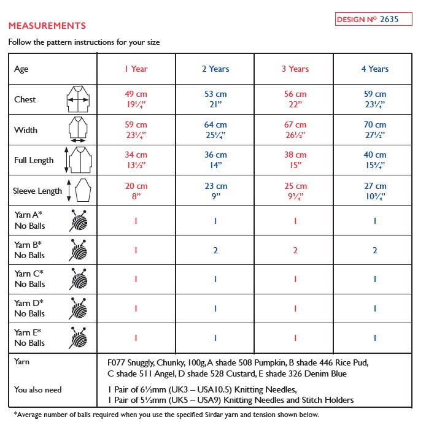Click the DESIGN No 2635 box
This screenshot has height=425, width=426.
tap(367, 19)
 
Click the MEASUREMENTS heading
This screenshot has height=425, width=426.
tap(47, 26)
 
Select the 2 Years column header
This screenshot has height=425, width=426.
tap(215, 69)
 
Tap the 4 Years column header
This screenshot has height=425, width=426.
tap(374, 69)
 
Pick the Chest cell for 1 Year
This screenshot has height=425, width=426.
tap(136, 99)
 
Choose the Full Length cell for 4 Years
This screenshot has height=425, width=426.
tap(374, 160)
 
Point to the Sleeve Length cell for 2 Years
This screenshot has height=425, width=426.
tap(215, 191)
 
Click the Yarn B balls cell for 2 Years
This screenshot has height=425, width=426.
tap(215, 250)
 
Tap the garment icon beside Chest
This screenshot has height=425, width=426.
tap(78, 99)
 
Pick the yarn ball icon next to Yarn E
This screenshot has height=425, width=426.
tap(78, 337)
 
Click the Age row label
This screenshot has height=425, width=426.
tap(21, 69)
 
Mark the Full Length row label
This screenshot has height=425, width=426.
tap(34, 160)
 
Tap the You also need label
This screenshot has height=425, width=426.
tap(38, 389)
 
